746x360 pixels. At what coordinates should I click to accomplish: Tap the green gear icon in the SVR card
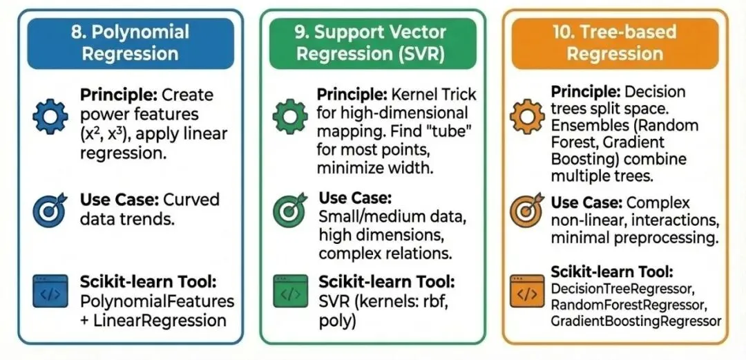pos(290,117)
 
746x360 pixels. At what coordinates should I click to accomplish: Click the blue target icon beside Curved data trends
pos(50,209)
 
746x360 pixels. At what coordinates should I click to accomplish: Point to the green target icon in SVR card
pos(289,210)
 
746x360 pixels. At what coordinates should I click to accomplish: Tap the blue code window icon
pos(50,293)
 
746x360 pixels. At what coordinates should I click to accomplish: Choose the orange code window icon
pos(526,292)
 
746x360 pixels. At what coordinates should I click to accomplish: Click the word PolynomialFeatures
pos(157,302)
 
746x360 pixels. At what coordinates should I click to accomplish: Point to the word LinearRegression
pos(164,321)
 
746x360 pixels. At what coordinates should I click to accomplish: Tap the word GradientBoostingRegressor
pos(636,321)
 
